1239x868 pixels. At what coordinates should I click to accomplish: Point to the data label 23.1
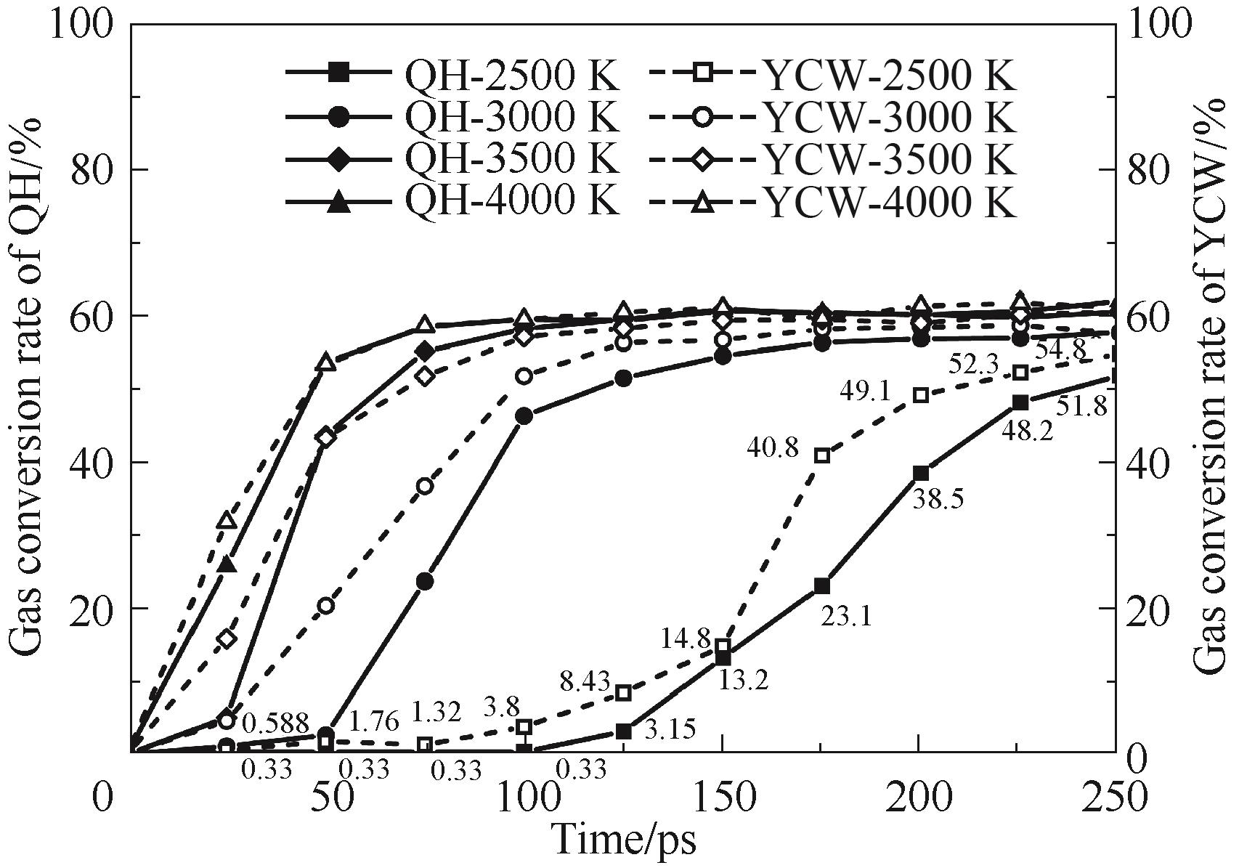pos(846,617)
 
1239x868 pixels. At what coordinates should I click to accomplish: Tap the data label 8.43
pos(585,681)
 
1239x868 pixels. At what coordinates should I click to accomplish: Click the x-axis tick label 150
pos(722,798)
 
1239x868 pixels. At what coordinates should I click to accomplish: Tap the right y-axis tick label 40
pos(1149,462)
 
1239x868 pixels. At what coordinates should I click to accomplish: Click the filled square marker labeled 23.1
pos(821,585)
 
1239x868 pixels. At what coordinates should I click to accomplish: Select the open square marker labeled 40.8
pos(821,455)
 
